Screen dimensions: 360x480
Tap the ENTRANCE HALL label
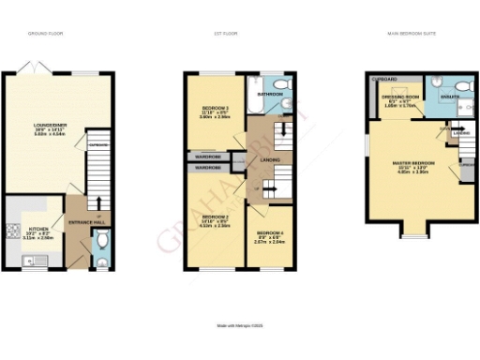[x=84, y=221]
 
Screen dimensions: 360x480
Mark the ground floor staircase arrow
[x=97, y=198]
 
